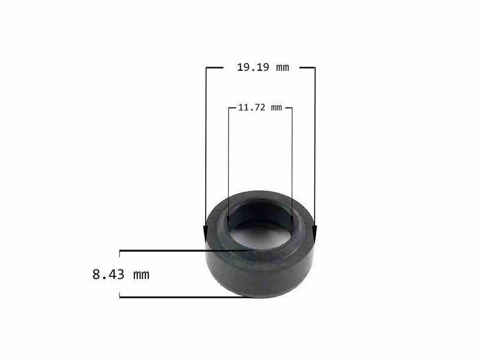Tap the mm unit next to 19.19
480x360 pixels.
tap(282, 68)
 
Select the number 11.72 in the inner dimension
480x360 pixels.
tap(251, 108)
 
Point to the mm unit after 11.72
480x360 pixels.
tap(276, 108)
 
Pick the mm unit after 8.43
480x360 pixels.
tap(141, 275)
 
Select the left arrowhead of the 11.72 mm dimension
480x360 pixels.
tap(229, 220)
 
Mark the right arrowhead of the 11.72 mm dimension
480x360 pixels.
tap(292, 220)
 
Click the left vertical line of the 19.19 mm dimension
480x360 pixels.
tap(206, 150)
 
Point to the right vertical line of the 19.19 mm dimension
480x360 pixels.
tap(315, 150)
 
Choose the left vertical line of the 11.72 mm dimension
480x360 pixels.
tap(229, 162)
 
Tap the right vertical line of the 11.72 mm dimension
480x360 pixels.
tap(292, 162)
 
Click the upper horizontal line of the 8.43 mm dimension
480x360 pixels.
tap(180, 250)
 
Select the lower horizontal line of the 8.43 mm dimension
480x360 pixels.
tap(180, 297)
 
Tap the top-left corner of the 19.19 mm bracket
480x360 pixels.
tap(206, 68)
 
